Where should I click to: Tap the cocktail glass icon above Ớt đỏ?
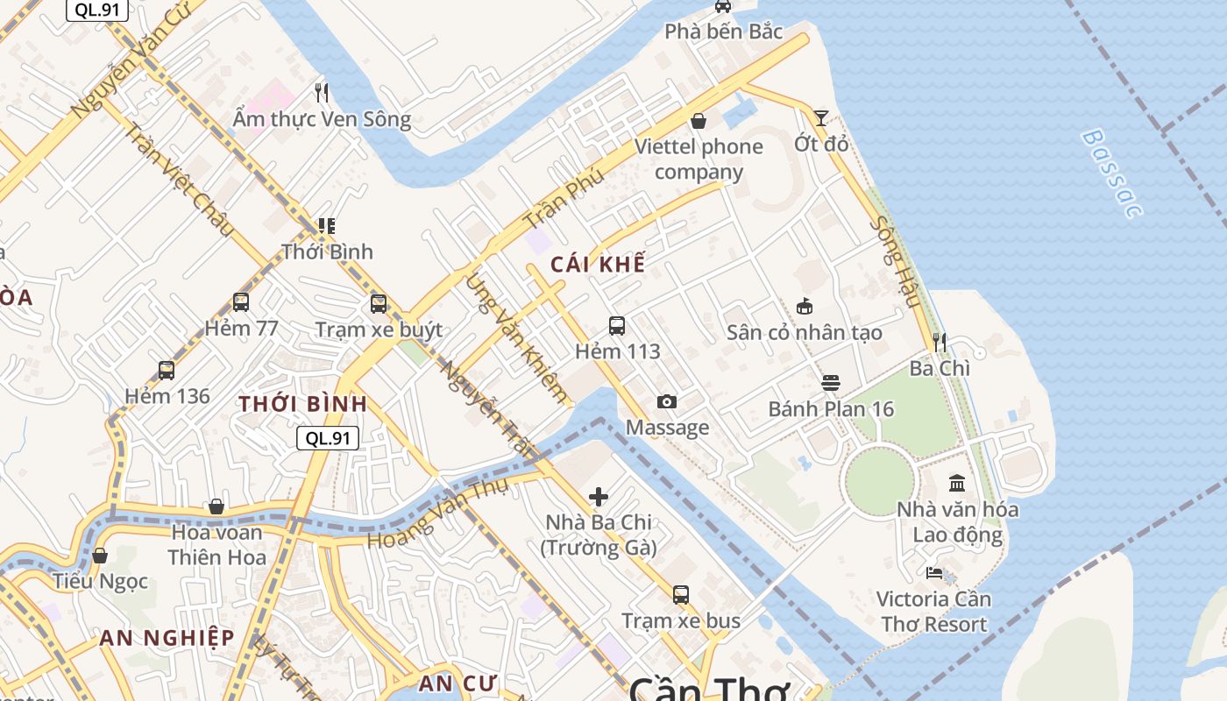tap(821, 117)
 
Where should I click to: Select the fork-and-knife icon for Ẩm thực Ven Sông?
tap(322, 92)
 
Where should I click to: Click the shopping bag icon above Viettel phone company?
tap(699, 120)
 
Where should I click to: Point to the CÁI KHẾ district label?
tap(599, 264)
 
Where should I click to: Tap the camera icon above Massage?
tap(667, 401)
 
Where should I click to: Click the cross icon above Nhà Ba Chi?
tap(599, 497)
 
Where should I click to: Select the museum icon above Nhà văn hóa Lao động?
tap(957, 483)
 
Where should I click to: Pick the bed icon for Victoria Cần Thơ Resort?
tap(934, 573)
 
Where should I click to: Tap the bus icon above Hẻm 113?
tap(617, 326)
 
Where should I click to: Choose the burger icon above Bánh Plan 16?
tap(831, 383)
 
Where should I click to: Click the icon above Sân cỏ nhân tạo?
tap(805, 306)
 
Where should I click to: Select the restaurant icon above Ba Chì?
tap(940, 342)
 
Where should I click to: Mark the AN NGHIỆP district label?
tap(167, 638)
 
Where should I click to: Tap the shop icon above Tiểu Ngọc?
tap(100, 556)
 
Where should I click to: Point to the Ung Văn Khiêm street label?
tap(516, 338)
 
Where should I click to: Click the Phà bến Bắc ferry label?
tap(723, 32)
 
